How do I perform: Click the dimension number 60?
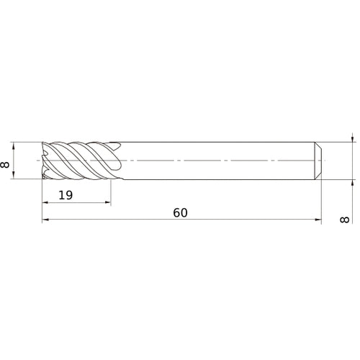point(180,213)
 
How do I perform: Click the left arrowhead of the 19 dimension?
point(45,204)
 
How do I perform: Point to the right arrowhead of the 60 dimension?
point(317,222)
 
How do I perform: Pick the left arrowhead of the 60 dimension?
point(45,222)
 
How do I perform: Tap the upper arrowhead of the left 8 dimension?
point(16,144)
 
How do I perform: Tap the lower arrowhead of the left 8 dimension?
point(16,176)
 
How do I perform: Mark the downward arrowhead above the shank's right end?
point(351,139)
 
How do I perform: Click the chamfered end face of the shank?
point(318,160)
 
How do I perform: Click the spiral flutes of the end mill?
point(79,160)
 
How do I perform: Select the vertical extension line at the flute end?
point(111,191)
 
